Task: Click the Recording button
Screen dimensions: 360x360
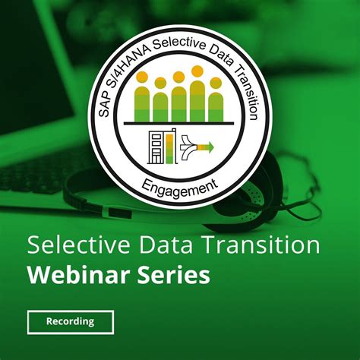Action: click(70, 321)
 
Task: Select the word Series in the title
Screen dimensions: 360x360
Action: click(174, 274)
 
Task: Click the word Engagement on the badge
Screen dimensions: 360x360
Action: click(179, 183)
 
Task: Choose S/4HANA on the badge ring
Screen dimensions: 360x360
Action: click(125, 68)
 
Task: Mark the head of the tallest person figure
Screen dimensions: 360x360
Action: click(197, 71)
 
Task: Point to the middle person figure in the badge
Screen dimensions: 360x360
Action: click(179, 99)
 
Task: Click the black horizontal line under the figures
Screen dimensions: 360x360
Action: click(179, 122)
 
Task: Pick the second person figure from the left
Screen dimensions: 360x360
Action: click(160, 100)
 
